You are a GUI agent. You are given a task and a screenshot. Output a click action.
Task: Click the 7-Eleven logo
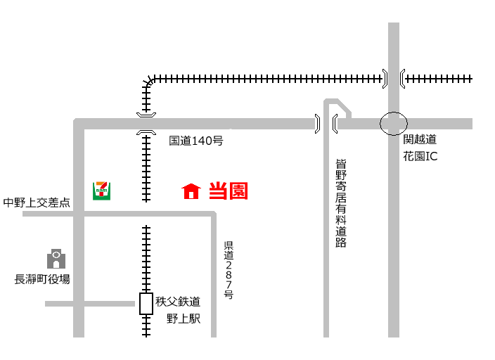click(101, 190)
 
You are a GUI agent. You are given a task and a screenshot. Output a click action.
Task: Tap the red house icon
click(191, 191)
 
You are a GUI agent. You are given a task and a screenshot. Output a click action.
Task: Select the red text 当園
click(229, 191)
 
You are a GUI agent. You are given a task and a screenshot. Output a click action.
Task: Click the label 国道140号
click(196, 141)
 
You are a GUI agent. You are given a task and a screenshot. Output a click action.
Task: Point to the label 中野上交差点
click(37, 202)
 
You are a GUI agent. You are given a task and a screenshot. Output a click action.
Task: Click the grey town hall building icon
click(56, 258)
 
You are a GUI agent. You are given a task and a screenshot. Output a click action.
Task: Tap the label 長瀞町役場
click(43, 279)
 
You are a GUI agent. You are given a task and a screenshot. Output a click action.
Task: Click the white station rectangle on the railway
click(146, 303)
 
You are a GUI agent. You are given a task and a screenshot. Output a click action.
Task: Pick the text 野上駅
click(183, 319)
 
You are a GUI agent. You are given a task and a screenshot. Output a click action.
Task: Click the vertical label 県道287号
click(229, 270)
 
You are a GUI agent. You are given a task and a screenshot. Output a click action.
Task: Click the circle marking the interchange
click(394, 124)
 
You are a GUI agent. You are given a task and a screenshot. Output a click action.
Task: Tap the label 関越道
click(420, 139)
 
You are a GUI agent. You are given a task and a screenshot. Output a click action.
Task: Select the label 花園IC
click(420, 156)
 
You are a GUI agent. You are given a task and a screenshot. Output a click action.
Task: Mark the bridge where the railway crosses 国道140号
click(146, 124)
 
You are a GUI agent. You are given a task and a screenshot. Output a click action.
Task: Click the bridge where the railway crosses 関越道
click(394, 78)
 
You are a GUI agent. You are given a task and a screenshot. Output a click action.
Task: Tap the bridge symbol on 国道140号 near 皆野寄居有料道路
click(326, 124)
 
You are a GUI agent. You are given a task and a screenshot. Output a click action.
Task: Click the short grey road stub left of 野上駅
click(89, 304)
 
